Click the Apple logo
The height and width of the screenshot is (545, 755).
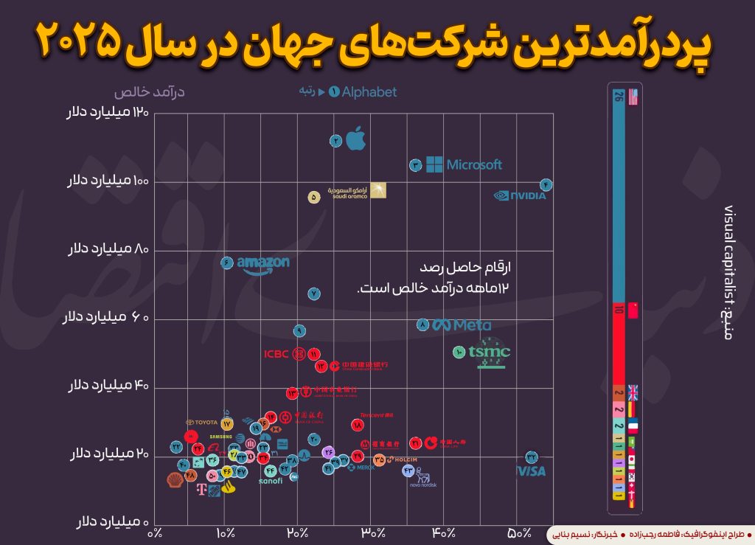(x=356, y=138)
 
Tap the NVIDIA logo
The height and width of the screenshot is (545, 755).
(x=520, y=196)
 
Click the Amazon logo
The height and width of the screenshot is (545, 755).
(x=262, y=264)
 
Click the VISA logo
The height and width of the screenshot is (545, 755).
(x=530, y=471)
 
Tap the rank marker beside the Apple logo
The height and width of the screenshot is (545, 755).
(x=335, y=140)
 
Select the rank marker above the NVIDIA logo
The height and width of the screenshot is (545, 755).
(x=546, y=184)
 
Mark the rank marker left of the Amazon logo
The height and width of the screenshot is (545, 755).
(x=226, y=262)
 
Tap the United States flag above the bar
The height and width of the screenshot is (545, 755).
(x=632, y=97)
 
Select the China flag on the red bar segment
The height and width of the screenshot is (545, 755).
(x=632, y=310)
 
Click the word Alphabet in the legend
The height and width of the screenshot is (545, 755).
(x=369, y=92)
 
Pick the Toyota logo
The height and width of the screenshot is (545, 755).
(x=202, y=423)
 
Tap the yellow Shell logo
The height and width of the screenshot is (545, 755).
(x=175, y=480)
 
